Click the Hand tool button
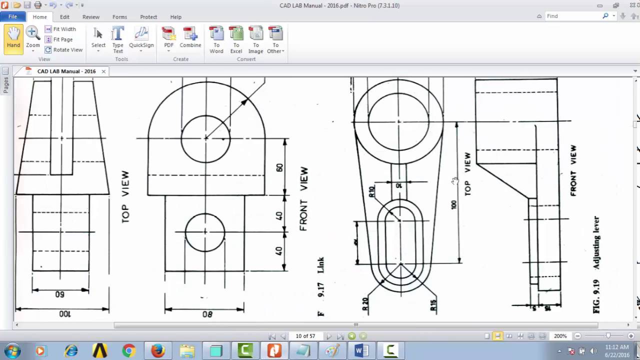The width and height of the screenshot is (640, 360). click(13, 38)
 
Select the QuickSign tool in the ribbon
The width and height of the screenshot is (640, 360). click(141, 38)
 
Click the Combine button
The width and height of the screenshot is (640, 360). click(190, 38)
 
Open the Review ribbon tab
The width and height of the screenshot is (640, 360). click(91, 17)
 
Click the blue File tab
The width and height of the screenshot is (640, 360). click(12, 17)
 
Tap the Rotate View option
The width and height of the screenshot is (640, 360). click(63, 50)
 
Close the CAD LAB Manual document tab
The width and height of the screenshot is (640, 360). click(103, 71)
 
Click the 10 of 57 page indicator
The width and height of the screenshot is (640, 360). click(305, 336)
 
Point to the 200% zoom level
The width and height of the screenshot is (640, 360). click(560, 336)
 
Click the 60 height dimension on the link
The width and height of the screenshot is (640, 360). click(279, 167)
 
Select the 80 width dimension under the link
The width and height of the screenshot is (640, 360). click(207, 314)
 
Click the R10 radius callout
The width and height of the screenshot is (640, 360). click(371, 191)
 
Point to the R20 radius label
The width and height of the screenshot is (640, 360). click(365, 304)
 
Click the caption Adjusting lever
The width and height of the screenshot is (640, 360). click(596, 243)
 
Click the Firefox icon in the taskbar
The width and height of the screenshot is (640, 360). click(158, 350)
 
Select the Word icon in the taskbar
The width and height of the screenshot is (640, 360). click(361, 350)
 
